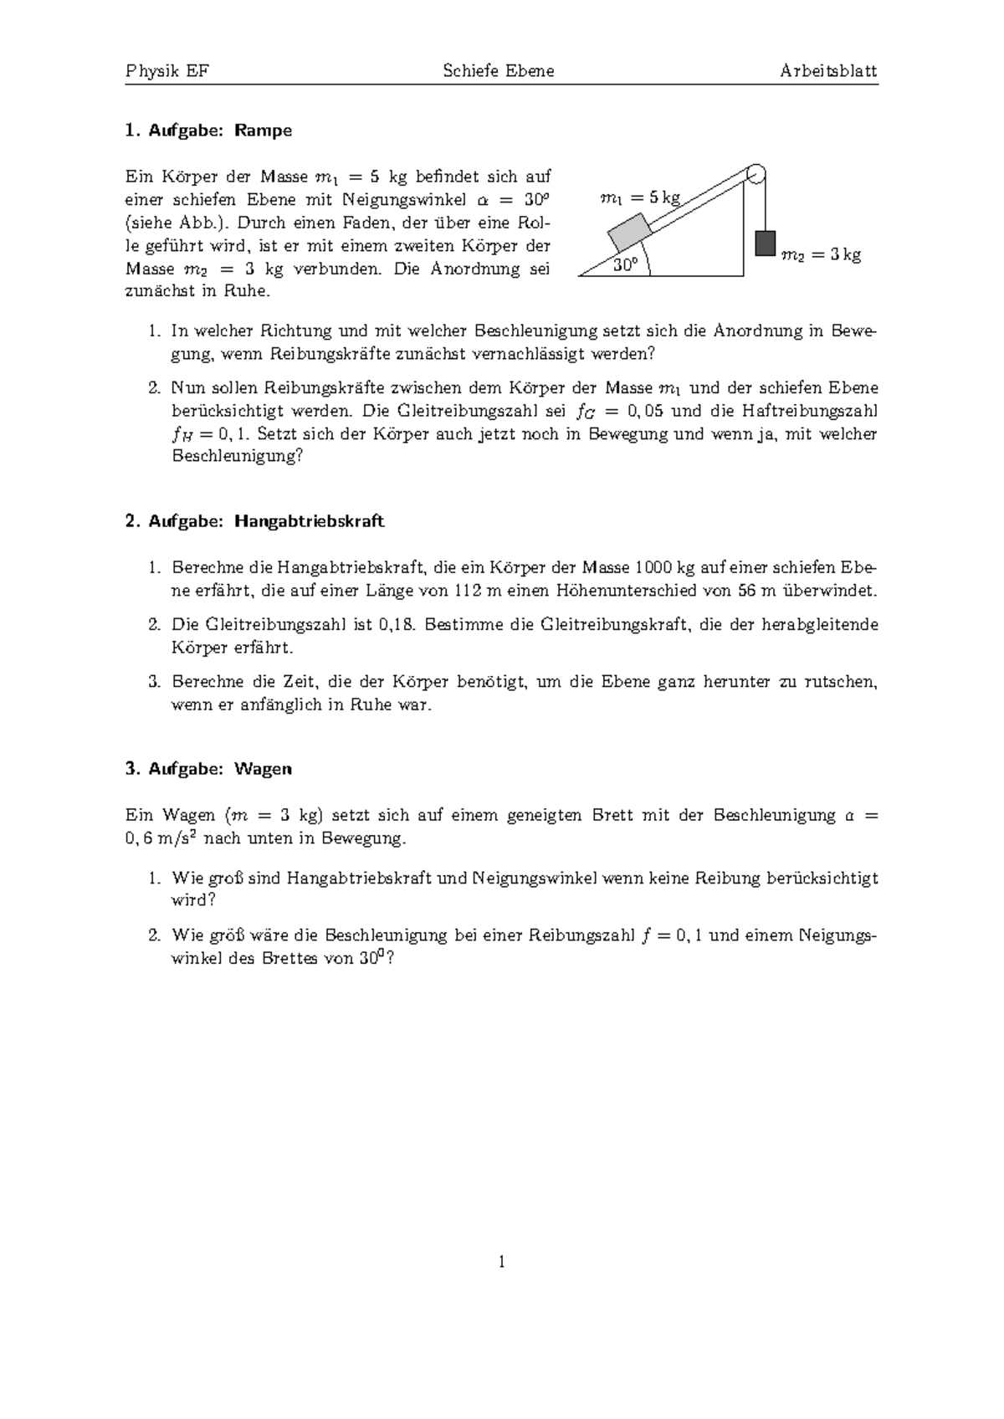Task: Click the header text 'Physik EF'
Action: tap(166, 71)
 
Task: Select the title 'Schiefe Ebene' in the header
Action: tap(499, 71)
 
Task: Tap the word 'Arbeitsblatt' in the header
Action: tap(828, 71)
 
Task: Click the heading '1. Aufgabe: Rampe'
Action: tap(208, 131)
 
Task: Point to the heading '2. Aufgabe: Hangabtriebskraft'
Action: tap(254, 521)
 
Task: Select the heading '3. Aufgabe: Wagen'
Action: tap(208, 768)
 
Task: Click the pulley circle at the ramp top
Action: tap(755, 175)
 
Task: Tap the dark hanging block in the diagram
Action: tap(765, 243)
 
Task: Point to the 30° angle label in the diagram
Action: tap(624, 265)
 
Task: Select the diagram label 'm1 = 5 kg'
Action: tap(641, 198)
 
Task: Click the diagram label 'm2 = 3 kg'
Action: tap(820, 255)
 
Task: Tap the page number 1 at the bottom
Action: tap(501, 1262)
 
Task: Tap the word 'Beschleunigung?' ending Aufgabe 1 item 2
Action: tap(237, 457)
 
